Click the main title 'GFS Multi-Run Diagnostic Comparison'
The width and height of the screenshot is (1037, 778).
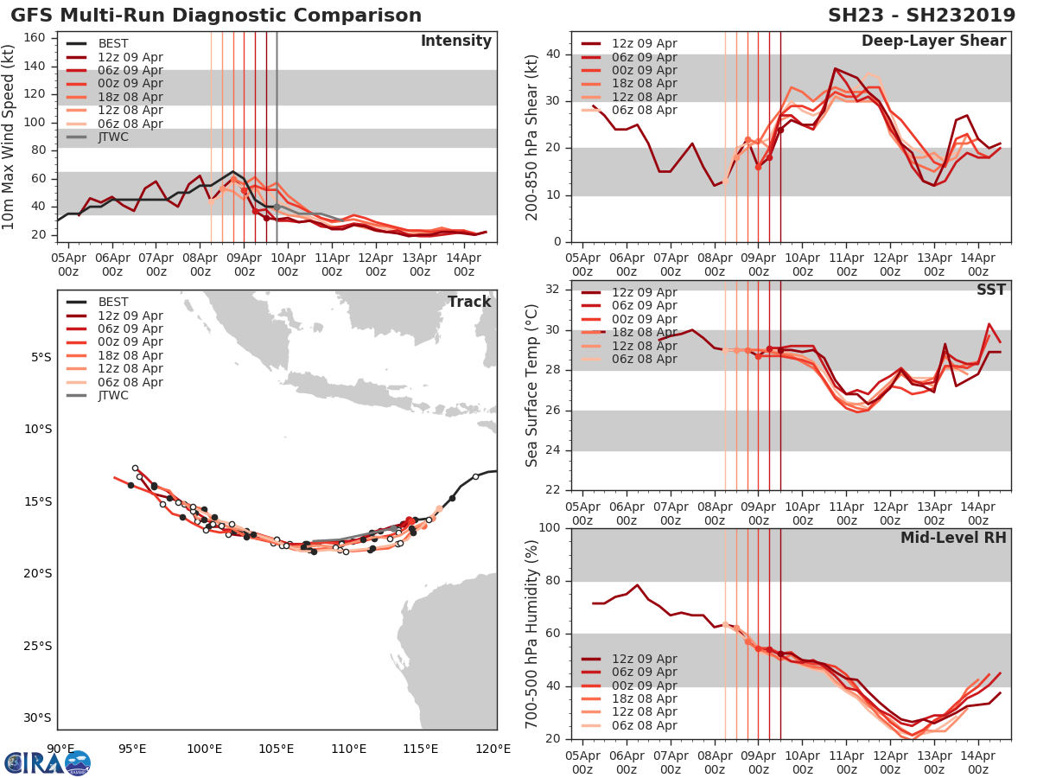(x=216, y=16)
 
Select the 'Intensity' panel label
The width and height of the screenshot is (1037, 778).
(x=455, y=41)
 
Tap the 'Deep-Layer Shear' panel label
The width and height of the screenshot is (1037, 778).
(x=933, y=41)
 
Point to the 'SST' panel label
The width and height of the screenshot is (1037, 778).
(x=990, y=290)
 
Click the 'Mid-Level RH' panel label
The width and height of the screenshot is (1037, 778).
(x=953, y=539)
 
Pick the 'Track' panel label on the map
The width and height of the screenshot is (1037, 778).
(x=468, y=302)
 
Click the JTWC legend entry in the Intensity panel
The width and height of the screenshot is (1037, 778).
(x=113, y=137)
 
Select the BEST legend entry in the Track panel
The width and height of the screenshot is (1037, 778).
(x=113, y=303)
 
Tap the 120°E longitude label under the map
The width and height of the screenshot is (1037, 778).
(x=497, y=749)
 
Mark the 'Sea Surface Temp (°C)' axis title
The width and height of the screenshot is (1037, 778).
(x=532, y=386)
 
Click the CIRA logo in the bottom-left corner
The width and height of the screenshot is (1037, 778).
(x=47, y=762)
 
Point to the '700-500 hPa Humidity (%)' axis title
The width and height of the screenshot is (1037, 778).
(x=532, y=633)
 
